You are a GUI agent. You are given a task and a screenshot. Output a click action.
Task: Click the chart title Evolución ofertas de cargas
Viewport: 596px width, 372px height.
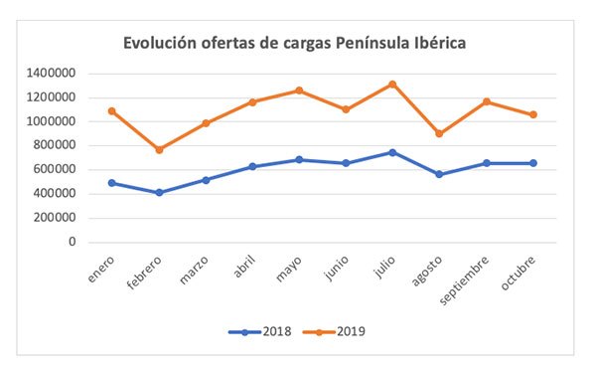[294, 44]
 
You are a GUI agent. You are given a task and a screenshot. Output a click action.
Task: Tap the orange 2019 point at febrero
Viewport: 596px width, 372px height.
[159, 149]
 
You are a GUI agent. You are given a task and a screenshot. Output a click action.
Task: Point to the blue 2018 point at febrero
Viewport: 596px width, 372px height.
[159, 192]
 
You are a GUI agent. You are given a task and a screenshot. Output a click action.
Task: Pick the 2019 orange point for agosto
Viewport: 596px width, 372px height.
[440, 133]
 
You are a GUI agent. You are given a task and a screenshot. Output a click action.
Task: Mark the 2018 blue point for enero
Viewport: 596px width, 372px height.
[111, 183]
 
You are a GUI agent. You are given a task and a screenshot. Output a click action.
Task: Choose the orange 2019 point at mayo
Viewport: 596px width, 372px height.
[299, 91]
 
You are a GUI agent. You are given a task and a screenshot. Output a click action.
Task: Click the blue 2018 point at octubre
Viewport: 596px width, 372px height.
[533, 163]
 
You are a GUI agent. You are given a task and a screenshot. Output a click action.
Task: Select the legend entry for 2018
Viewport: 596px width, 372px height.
[261, 331]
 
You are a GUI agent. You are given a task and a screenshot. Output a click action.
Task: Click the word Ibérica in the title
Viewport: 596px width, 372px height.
[431, 44]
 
